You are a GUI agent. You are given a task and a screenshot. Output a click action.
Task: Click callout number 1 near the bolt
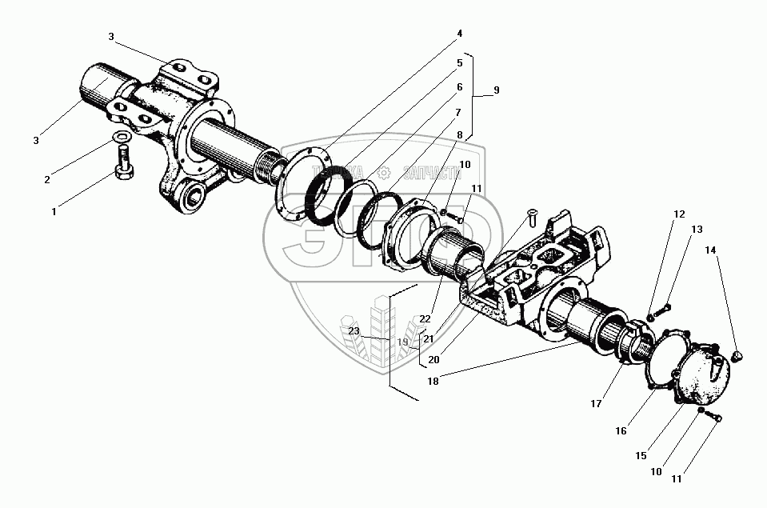pos(54,212)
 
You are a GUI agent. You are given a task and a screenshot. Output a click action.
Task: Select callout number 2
pos(47,179)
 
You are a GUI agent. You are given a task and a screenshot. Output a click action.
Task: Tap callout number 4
pos(460,34)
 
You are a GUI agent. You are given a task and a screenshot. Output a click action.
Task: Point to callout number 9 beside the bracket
pos(496,90)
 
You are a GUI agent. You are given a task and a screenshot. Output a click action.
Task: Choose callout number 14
pos(710,250)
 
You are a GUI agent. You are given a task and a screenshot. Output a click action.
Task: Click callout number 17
pos(596,405)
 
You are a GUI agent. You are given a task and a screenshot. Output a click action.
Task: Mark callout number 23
pos(354,330)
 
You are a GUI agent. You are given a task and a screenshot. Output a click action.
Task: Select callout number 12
pos(679,214)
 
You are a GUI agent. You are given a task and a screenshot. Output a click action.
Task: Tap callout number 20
pos(433,359)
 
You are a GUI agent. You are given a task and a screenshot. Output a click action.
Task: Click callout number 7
pos(459,112)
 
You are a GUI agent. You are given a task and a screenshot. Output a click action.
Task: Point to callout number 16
pos(621,430)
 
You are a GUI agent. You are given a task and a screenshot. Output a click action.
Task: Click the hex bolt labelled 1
pos(126,172)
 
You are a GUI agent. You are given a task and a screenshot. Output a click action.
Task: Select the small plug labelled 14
pos(738,354)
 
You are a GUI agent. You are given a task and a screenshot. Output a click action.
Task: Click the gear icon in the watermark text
pos(384,172)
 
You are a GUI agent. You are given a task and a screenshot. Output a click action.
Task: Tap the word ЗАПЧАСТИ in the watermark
pos(432,172)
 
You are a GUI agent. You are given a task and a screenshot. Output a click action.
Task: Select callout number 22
pos(425,319)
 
